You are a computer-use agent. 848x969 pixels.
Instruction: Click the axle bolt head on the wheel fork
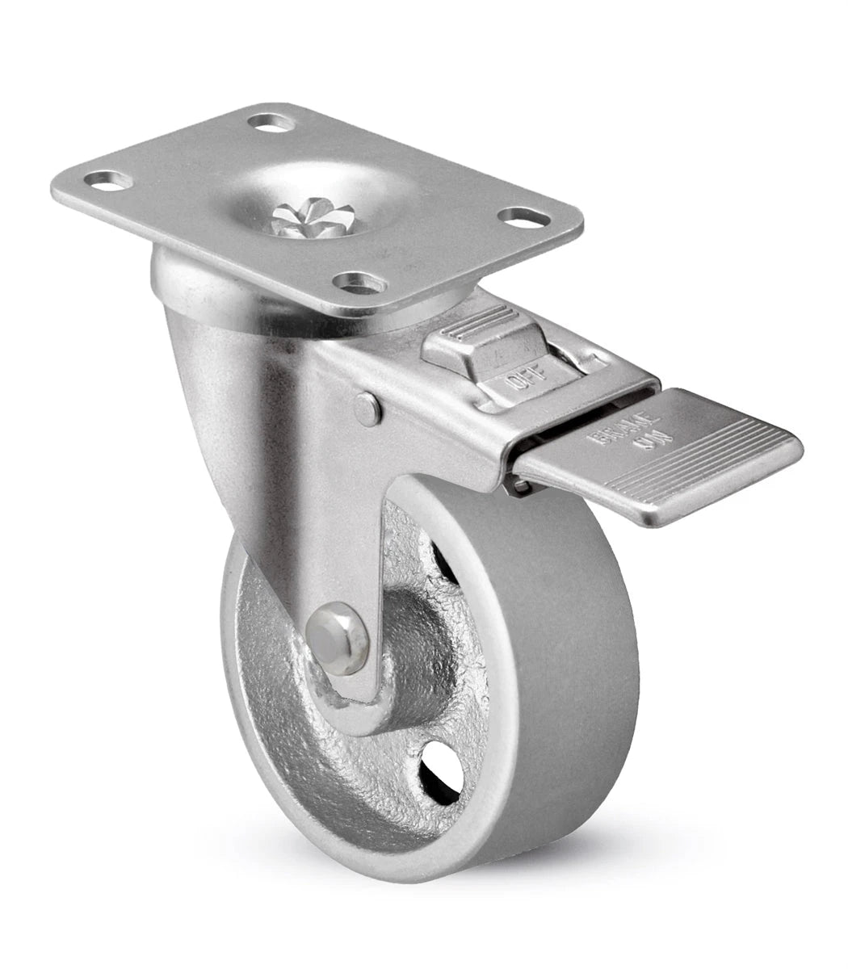(338, 628)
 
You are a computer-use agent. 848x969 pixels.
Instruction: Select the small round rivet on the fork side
(368, 409)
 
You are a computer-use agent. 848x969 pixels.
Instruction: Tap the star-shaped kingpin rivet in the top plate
(313, 216)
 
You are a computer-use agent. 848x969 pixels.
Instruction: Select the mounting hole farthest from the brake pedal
(110, 179)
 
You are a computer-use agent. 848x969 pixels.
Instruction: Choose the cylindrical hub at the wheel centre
(412, 646)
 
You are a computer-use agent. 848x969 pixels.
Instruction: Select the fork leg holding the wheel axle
(355, 549)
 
